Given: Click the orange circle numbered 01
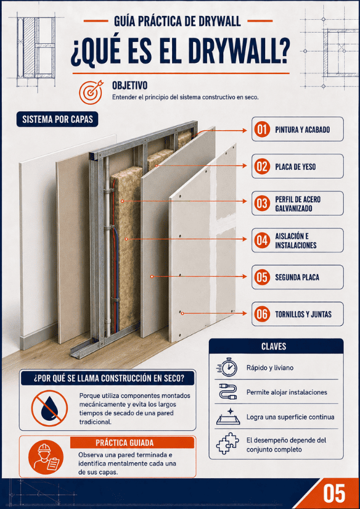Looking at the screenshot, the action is (x=262, y=130).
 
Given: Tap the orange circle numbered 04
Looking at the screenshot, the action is (x=262, y=241).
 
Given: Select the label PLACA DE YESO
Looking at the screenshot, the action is (x=295, y=167).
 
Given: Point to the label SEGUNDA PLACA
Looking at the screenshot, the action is (x=297, y=278).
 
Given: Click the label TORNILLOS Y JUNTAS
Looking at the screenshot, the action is (x=303, y=314).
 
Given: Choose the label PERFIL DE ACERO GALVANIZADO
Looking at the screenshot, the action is (x=298, y=204).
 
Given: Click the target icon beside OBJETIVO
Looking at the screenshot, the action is (x=91, y=92).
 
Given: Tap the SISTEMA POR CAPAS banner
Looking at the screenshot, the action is (x=57, y=120).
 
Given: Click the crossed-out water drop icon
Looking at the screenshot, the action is (x=49, y=408).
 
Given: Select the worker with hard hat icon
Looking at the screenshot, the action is (x=46, y=457).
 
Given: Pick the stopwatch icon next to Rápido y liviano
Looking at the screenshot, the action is (x=227, y=367).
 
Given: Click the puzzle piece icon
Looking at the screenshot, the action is (x=227, y=444).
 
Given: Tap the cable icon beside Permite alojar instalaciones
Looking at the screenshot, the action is (x=227, y=392).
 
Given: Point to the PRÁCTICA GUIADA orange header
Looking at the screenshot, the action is (x=133, y=443).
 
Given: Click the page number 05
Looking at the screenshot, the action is (x=334, y=494).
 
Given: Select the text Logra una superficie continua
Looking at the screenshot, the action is (x=290, y=417).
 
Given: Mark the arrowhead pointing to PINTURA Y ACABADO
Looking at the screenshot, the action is (x=245, y=131).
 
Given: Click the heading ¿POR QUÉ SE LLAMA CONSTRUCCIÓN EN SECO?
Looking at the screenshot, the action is (x=108, y=378).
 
